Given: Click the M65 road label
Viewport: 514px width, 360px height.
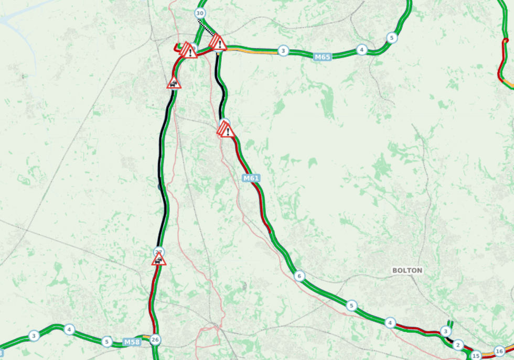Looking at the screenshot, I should click(x=323, y=57).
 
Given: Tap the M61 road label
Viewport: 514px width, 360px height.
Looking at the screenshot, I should click(x=251, y=179).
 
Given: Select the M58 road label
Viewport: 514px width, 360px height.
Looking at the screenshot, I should click(x=132, y=342).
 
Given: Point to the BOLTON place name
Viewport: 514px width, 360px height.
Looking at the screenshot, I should click(x=407, y=270).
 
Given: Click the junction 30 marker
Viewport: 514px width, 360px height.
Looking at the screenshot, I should click(x=199, y=13).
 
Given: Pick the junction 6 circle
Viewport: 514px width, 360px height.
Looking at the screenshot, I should click(x=299, y=276).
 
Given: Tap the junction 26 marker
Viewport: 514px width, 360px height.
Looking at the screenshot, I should click(x=155, y=340).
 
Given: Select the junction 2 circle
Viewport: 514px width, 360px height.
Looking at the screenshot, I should click(x=458, y=345).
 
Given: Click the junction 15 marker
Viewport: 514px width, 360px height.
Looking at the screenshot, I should click(x=476, y=356).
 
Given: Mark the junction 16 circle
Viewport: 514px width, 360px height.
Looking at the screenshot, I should click(x=499, y=351).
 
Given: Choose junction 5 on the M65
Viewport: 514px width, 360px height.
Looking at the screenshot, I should click(x=391, y=38).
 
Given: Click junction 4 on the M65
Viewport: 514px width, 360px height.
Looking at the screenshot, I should click(x=361, y=50).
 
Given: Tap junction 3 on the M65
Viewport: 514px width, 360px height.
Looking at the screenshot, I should click(x=283, y=51).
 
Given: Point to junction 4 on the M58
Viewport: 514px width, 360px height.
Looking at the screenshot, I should click(x=69, y=330).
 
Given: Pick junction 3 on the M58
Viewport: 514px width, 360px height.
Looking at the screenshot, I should click(x=34, y=335).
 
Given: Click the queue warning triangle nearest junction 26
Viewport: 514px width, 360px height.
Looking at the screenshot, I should click(x=158, y=259).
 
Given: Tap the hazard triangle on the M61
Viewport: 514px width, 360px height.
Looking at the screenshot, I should click(x=226, y=129).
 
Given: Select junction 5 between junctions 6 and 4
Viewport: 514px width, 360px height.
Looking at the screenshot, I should click(x=352, y=305).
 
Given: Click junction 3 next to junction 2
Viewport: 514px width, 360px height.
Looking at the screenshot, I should click(x=445, y=331).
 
